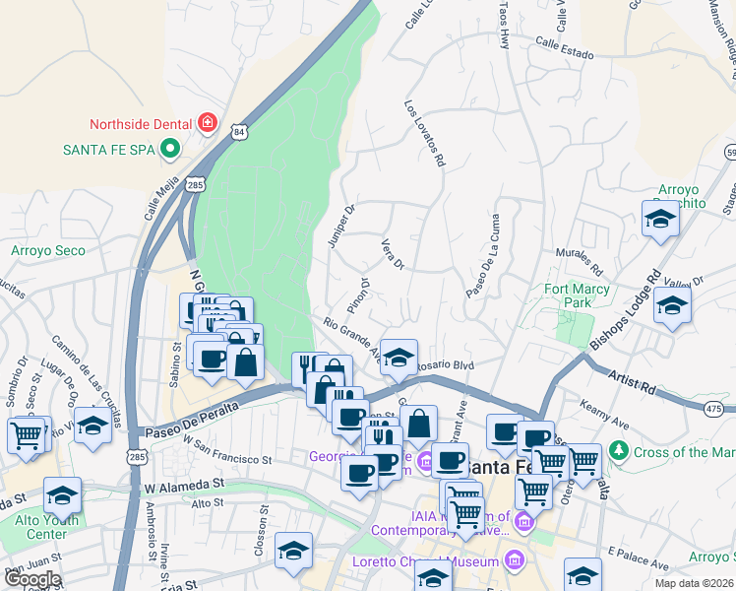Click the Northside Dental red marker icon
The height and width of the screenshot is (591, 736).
pyautogui.click(x=208, y=123)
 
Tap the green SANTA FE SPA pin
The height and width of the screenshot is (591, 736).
pyautogui.click(x=168, y=150)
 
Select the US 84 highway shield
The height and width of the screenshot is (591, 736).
pyautogui.click(x=240, y=131)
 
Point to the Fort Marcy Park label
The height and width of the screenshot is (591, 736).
pyautogui.click(x=583, y=295)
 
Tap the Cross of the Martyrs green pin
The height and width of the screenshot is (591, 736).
pyautogui.click(x=618, y=452)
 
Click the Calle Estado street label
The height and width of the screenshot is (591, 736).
pyautogui.click(x=565, y=47)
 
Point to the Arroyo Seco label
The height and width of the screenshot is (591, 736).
pyautogui.click(x=48, y=251)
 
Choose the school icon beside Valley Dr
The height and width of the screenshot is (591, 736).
pyautogui.click(x=672, y=305)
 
